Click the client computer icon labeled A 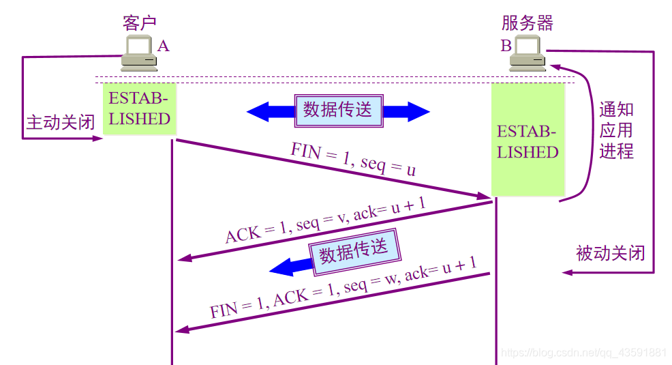139,54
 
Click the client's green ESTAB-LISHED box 139,108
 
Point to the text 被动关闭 610,253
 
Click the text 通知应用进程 616,130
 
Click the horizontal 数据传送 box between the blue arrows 338,110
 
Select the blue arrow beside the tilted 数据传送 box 289,266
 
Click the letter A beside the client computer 164,46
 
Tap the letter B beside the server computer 506,46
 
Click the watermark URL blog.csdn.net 583,353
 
